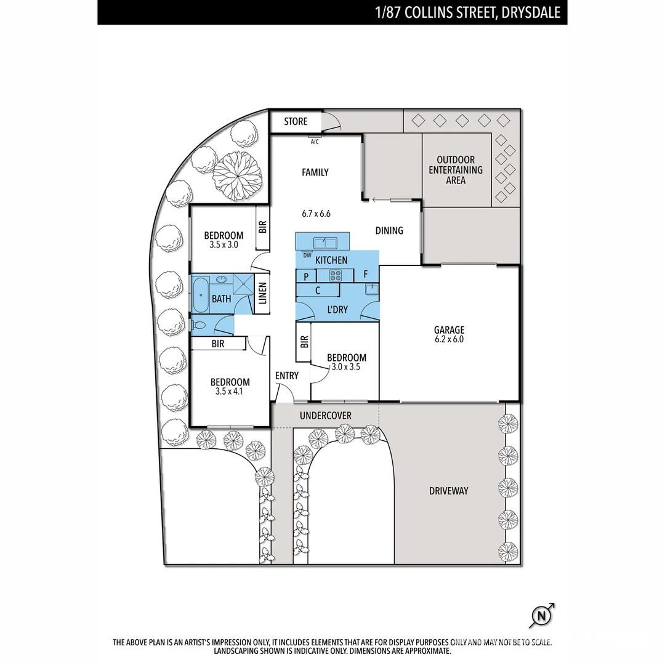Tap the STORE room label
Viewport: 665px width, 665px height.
[x=296, y=121]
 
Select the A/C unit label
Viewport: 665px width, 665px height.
[x=315, y=141]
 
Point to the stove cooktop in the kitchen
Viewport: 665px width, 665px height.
[x=337, y=275]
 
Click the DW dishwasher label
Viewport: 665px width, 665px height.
[x=307, y=255]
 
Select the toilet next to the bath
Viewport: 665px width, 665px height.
[x=198, y=325]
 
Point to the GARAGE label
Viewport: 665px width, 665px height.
[x=449, y=330]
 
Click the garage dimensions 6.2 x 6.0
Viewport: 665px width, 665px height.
[x=449, y=339]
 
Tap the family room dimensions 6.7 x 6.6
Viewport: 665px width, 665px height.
[x=316, y=214]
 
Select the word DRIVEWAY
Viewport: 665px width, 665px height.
[x=448, y=491]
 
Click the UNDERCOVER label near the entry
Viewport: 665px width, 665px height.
[x=325, y=416]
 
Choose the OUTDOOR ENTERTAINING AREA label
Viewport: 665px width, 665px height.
[x=456, y=170]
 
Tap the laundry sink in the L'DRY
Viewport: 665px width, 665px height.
[x=371, y=289]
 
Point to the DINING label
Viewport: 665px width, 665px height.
[x=389, y=230]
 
